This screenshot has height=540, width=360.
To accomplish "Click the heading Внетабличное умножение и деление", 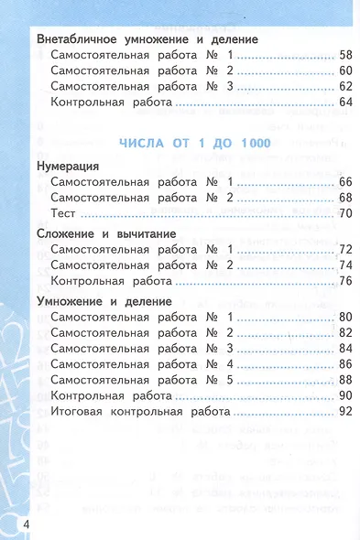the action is pos(147,40).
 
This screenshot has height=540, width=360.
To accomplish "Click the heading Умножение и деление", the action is pos(104,301).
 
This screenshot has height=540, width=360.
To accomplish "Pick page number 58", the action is pos(345,56).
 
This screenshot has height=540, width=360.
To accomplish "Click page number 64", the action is pos(345,103).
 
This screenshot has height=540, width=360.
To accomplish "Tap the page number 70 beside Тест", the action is pos(345,213).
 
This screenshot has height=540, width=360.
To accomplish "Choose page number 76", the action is pos(345,281).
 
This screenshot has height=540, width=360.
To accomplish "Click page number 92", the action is pos(345,411).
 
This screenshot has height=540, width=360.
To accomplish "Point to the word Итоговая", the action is pos(81,411).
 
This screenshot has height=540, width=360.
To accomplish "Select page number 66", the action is pos(345,182).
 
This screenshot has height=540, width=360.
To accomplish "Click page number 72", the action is pos(345,250).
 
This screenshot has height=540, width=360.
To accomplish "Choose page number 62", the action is pos(345,87).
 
